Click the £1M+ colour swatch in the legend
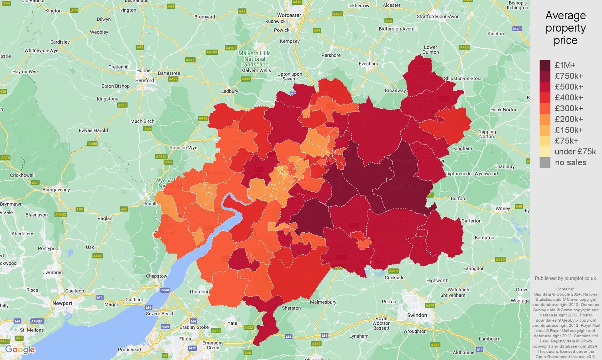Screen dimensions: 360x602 click(545, 65)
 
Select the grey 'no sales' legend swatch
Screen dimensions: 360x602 click(545, 162)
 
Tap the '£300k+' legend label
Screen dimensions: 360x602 click(568, 108)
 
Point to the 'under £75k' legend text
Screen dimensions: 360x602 click(575, 152)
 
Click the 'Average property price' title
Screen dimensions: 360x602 click(565, 28)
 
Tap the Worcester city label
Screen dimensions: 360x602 click(289, 15)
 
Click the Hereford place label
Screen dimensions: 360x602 click(144, 80)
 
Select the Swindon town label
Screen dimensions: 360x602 click(417, 315)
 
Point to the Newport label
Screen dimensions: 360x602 click(62, 303)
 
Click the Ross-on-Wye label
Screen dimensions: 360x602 click(183, 148)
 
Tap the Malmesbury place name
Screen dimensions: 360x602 click(323, 302)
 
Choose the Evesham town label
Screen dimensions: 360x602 click(368, 64)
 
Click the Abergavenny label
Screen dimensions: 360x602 click(56, 190)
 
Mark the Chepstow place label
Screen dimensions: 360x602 click(156, 276)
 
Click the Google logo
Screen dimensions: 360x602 click(20, 350)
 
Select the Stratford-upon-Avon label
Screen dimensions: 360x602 click(438, 16)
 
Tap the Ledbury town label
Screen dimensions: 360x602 click(230, 91)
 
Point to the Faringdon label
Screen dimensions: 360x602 click(474, 268)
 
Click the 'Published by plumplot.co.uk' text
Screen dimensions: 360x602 click(566, 278)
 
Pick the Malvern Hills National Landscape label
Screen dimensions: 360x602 click(255, 59)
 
